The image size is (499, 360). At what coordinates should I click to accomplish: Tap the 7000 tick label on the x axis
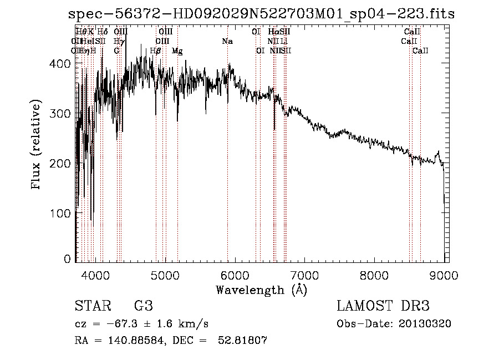(x=304, y=274)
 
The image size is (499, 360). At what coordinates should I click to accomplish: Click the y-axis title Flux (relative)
(x=37, y=145)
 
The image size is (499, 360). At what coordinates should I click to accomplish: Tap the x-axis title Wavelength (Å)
(x=261, y=290)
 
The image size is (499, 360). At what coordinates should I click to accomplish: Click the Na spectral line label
(x=227, y=41)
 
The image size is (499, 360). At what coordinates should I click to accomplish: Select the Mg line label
(x=177, y=51)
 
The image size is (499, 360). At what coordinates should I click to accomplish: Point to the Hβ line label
(x=156, y=51)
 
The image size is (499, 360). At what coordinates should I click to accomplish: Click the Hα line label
(x=273, y=32)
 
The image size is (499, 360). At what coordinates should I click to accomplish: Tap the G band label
(x=116, y=51)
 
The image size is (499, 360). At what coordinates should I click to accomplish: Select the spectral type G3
(x=143, y=306)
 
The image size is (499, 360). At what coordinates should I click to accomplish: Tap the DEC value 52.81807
(x=243, y=341)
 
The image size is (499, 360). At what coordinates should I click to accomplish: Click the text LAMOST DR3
(x=383, y=306)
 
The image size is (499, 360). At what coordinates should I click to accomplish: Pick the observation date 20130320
(x=424, y=323)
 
